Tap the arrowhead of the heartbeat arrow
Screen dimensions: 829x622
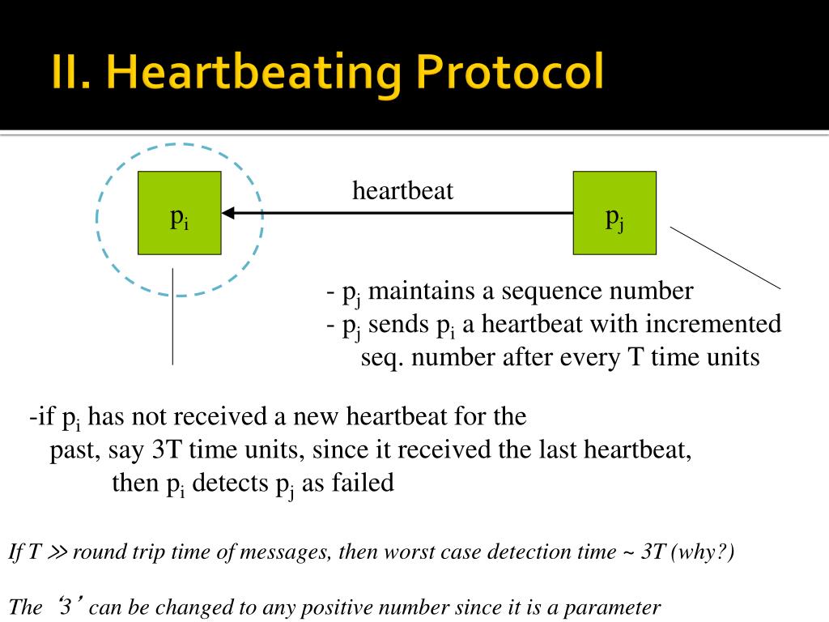coord(228,213)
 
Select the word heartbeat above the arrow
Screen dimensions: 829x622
coord(402,191)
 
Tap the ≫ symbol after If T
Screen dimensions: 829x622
coord(58,553)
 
